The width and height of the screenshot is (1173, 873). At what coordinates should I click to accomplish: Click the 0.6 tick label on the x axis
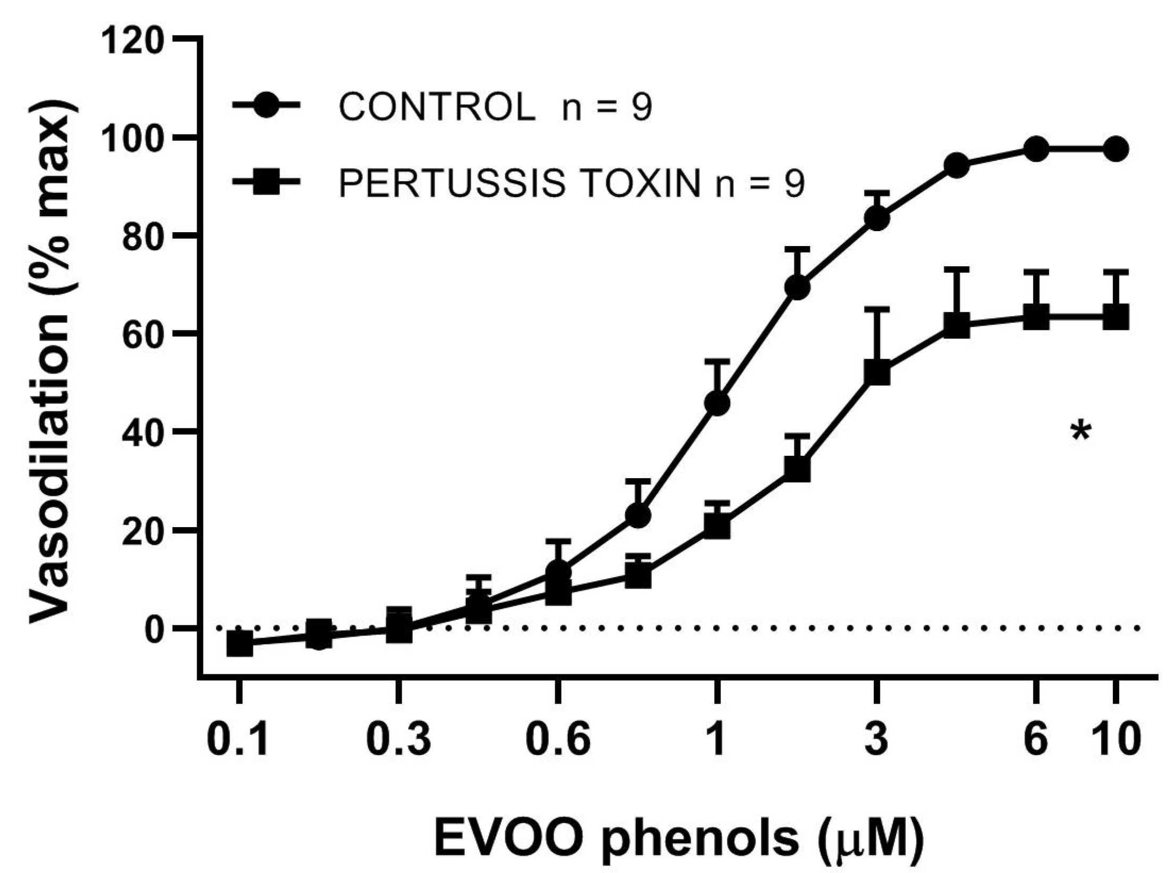[x=558, y=739]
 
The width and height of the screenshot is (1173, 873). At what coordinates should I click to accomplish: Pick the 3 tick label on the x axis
[x=877, y=739]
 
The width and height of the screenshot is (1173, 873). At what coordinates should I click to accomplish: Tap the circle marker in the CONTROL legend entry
[x=266, y=105]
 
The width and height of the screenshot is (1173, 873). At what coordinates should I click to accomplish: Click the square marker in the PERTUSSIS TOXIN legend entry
[x=266, y=182]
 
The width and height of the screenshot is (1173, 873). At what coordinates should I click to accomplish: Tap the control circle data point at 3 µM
[x=877, y=218]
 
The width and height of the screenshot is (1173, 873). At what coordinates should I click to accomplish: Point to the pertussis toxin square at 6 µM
[x=1036, y=317]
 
